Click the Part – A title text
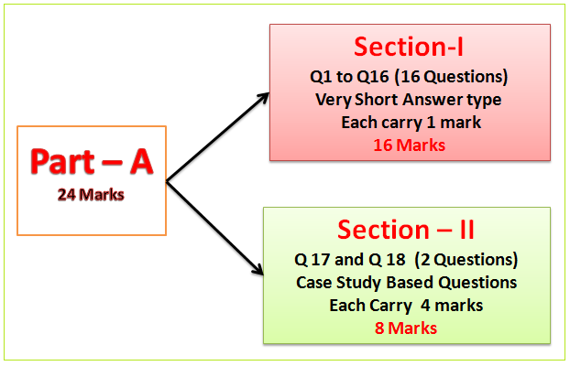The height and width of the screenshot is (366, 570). click(92, 161)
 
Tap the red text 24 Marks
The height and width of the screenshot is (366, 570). click(92, 195)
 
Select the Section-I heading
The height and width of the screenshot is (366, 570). click(410, 48)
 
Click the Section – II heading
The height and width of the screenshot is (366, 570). click(407, 228)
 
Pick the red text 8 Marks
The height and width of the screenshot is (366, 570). click(406, 328)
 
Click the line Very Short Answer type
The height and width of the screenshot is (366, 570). click(410, 99)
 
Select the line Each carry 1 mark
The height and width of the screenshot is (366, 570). click(410, 121)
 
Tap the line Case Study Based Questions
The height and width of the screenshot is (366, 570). click(406, 282)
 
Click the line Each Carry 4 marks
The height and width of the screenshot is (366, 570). click(406, 305)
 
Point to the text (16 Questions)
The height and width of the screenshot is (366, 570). click(462, 76)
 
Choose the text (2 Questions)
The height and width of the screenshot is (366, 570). click(466, 259)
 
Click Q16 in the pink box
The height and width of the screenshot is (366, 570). click(373, 76)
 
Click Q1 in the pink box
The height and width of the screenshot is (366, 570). click(322, 76)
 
